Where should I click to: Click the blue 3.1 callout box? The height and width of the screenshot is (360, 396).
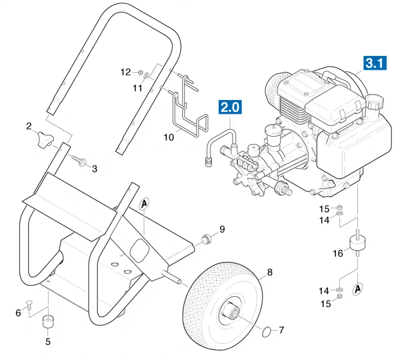(375, 63)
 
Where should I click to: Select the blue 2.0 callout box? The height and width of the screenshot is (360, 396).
(230, 107)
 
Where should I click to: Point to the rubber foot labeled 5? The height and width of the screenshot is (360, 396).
(47, 321)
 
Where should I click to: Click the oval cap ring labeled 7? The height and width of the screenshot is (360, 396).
(266, 332)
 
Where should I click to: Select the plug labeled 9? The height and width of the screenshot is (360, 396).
(206, 239)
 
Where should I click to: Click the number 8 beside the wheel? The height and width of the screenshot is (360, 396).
(270, 272)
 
